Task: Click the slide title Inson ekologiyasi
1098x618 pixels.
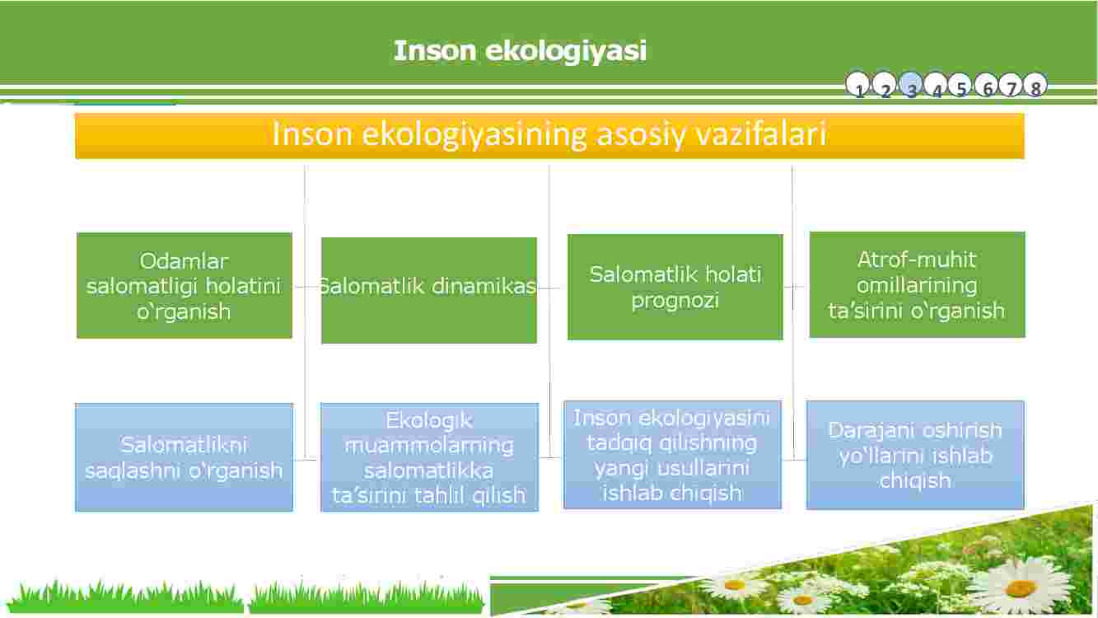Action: tap(520, 51)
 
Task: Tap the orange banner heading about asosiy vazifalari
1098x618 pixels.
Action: tap(549, 136)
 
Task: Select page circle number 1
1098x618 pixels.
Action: tap(857, 85)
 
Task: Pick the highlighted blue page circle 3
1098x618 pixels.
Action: tap(911, 85)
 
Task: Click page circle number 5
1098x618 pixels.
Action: tap(960, 85)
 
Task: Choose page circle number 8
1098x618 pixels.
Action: tap(1035, 85)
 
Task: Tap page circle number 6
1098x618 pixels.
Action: tap(986, 85)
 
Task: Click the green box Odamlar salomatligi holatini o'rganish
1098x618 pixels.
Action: tap(185, 285)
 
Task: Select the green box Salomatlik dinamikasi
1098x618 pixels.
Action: tap(429, 290)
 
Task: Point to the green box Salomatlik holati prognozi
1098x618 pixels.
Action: tap(675, 287)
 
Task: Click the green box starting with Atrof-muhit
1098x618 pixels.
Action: tap(917, 284)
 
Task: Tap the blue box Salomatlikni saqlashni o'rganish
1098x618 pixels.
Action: tap(185, 457)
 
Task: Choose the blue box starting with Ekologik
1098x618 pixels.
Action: tap(429, 457)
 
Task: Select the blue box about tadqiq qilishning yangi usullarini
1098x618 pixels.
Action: tap(672, 455)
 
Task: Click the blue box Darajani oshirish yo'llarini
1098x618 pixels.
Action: tap(915, 455)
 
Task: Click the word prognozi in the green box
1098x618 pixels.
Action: tap(675, 301)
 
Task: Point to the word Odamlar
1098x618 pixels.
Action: tap(184, 261)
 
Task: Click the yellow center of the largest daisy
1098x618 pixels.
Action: tap(1021, 587)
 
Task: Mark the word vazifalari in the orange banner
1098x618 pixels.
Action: tap(761, 133)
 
